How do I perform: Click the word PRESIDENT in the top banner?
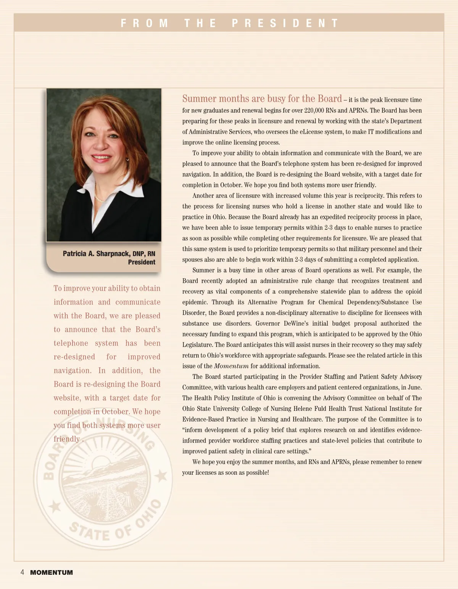coord(285,23)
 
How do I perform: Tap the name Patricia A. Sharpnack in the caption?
coord(96,254)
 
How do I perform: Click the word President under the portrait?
coord(142,262)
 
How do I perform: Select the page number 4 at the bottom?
coord(22,572)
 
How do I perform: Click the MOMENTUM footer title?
coord(52,573)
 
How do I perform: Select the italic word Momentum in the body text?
coord(231,366)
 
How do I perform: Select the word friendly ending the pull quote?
coord(67,439)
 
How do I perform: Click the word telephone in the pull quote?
coord(71,343)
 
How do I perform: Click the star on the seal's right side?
coord(162,476)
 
